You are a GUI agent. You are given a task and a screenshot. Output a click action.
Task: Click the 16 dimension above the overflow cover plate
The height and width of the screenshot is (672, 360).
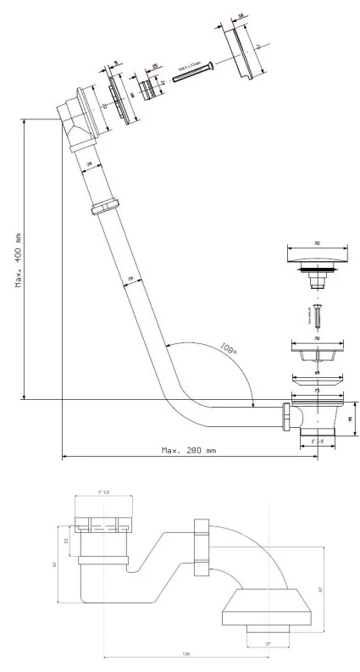pos(241,16)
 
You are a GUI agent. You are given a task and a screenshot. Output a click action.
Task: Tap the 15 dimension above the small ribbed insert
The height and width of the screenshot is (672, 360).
pos(155,66)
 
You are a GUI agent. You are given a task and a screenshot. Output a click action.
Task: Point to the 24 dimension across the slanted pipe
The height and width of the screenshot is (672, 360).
pos(131,278)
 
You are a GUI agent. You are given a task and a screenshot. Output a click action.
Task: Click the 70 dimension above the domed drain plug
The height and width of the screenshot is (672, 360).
pos(317,243)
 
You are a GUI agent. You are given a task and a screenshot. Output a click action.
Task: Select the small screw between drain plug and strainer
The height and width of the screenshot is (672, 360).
pos(318,319)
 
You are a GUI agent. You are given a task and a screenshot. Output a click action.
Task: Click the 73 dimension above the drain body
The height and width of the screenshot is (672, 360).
pos(317,392)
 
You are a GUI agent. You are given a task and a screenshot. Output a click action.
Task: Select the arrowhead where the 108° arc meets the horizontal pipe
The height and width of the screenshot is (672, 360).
pos(254,404)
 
